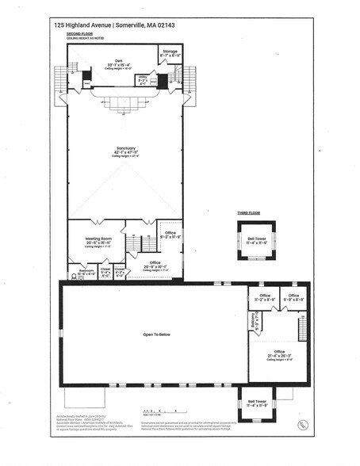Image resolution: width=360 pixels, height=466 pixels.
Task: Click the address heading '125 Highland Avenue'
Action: click(82, 25)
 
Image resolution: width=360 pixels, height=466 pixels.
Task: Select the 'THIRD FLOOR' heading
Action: click(249, 214)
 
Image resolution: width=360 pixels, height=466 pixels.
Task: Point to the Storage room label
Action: click(170, 52)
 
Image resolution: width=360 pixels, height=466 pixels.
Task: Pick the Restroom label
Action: click(86, 272)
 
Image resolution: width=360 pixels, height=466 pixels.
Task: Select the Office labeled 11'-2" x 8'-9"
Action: click(265, 297)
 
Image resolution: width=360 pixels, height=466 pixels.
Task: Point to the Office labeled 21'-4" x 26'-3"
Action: click(279, 353)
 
